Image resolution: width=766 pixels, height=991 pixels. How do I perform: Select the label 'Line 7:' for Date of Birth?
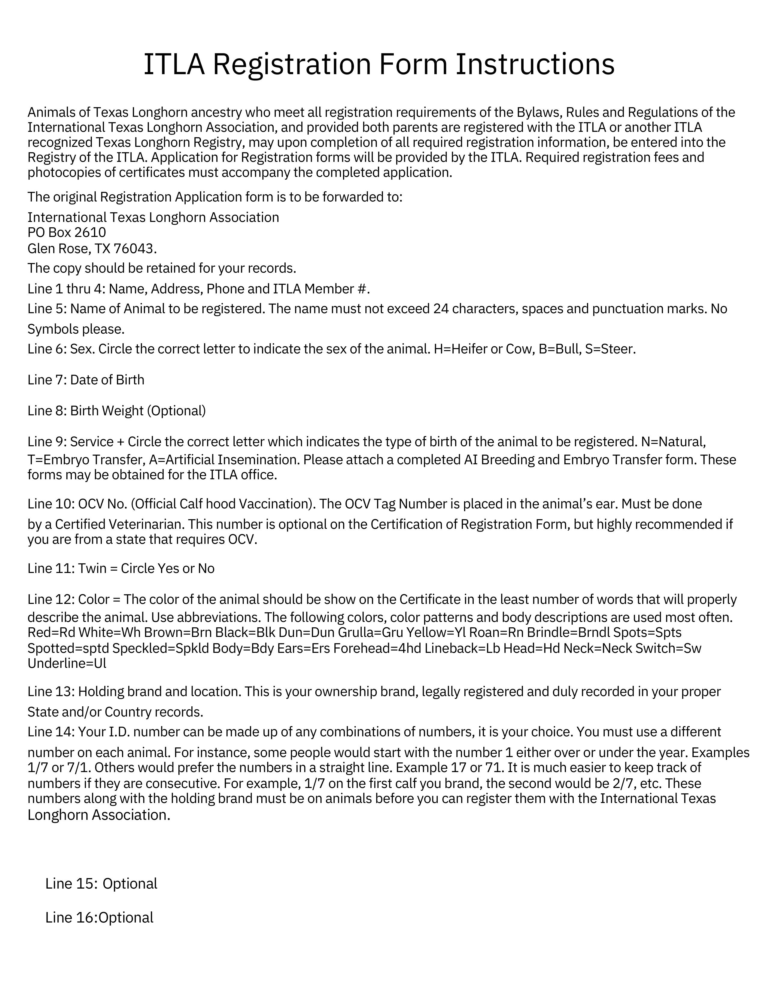tap(47, 380)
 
